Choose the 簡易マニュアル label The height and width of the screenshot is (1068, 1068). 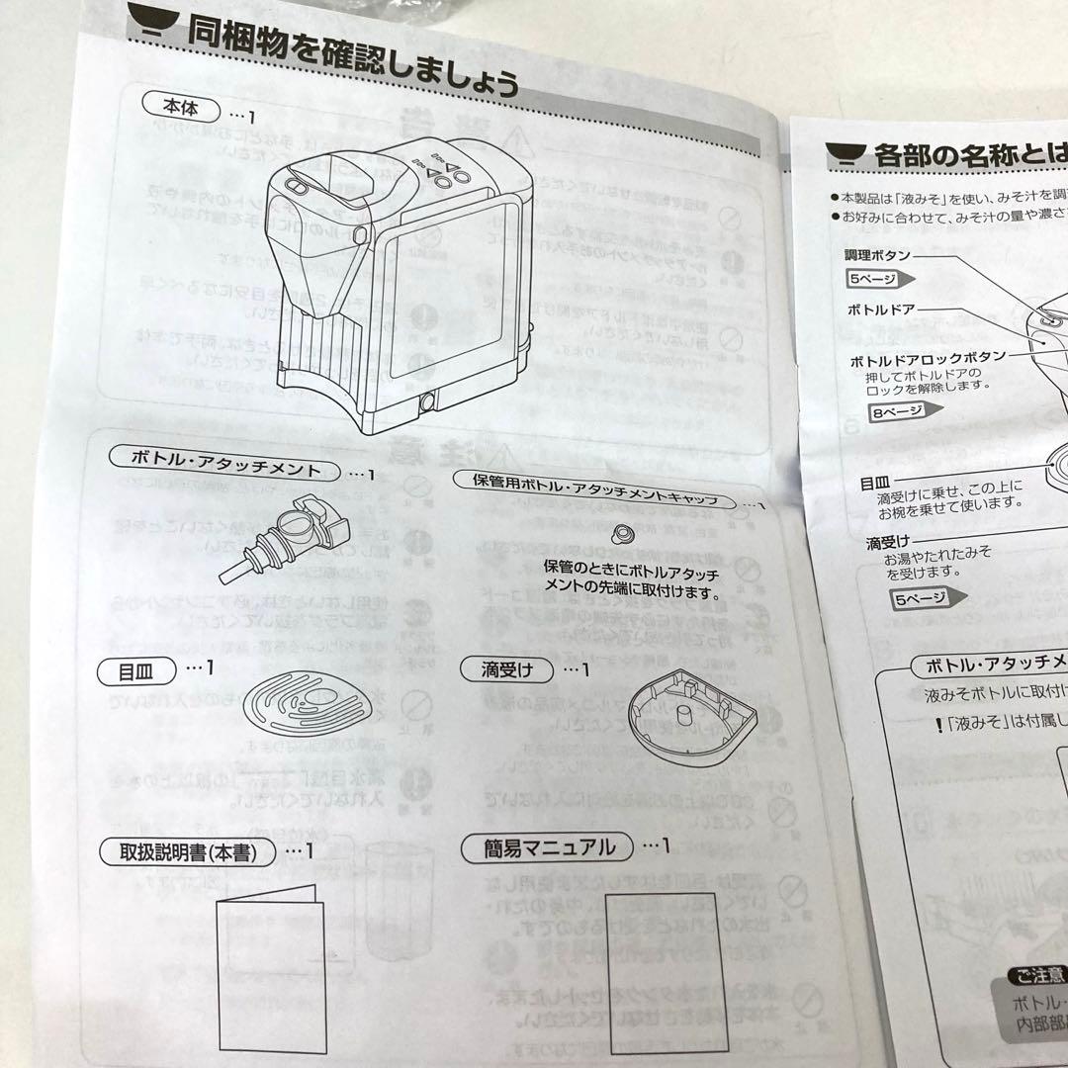550,847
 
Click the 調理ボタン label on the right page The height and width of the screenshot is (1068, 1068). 876,254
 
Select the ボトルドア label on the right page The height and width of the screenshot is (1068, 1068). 881,309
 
